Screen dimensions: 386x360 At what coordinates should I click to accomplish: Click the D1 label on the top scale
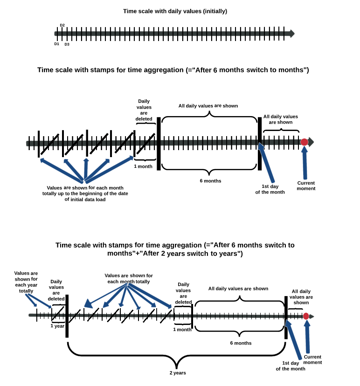pyautogui.click(x=56, y=44)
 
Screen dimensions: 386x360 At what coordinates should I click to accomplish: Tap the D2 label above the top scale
pyautogui.click(x=62, y=25)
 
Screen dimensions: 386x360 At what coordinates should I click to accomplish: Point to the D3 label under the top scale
pyautogui.click(x=67, y=44)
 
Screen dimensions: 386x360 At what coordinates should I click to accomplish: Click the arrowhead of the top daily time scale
pyautogui.click(x=292, y=34)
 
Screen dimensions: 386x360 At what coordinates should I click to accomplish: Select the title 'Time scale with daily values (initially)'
pyautogui.click(x=175, y=11)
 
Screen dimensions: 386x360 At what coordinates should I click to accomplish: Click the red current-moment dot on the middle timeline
pyautogui.click(x=304, y=142)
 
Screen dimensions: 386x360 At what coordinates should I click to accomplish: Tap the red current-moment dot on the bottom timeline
pyautogui.click(x=306, y=316)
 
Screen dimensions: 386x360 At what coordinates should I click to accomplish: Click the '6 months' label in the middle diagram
pyautogui.click(x=210, y=181)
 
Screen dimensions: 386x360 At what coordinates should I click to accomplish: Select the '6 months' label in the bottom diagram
pyautogui.click(x=241, y=343)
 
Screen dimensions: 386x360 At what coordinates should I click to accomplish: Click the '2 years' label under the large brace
pyautogui.click(x=178, y=373)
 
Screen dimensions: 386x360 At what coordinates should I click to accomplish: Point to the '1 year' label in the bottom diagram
pyautogui.click(x=57, y=326)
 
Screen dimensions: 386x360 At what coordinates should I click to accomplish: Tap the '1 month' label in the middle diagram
pyautogui.click(x=143, y=166)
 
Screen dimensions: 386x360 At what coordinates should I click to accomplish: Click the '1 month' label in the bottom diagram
pyautogui.click(x=182, y=330)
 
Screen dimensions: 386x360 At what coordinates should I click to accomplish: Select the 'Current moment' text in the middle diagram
pyautogui.click(x=306, y=186)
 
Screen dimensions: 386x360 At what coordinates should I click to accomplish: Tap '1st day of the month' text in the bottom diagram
pyautogui.click(x=291, y=366)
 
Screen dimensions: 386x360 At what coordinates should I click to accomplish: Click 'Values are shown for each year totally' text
pyautogui.click(x=26, y=282)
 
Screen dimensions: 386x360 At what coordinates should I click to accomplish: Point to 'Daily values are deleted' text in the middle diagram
pyautogui.click(x=144, y=110)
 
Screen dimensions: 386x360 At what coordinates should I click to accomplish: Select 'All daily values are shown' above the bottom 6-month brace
pyautogui.click(x=238, y=289)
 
